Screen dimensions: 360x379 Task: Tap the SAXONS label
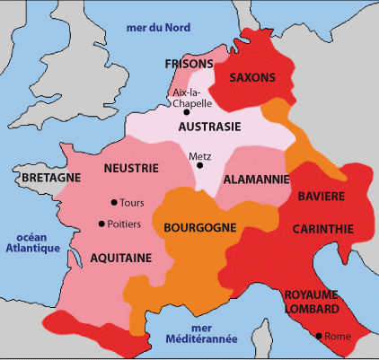click(x=252, y=77)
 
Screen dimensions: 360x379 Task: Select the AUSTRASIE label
click(x=208, y=127)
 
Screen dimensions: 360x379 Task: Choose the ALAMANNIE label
click(x=255, y=180)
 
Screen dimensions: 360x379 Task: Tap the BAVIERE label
click(x=324, y=195)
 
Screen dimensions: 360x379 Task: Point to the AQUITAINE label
click(x=121, y=257)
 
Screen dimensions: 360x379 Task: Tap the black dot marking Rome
click(x=317, y=336)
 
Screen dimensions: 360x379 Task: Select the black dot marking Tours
click(x=113, y=202)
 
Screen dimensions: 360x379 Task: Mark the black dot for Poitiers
click(x=101, y=224)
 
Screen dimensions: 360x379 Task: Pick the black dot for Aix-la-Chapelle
click(x=187, y=112)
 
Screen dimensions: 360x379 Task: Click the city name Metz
click(x=199, y=155)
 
